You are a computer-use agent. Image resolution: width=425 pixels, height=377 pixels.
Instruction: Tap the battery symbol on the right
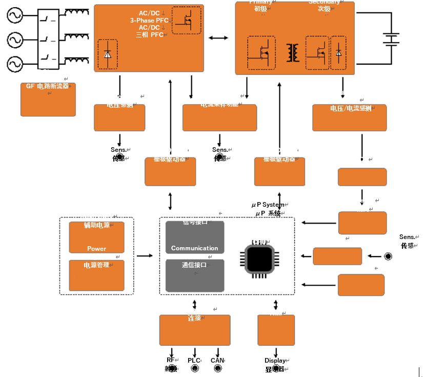click(x=392, y=39)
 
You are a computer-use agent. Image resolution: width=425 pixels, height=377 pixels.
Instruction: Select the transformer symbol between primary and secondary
click(x=293, y=52)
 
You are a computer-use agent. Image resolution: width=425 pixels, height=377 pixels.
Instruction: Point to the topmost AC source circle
click(x=15, y=16)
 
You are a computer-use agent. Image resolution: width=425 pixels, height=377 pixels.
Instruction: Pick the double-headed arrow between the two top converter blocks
click(x=219, y=38)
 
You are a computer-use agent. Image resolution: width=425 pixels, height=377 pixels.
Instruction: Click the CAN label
click(x=217, y=361)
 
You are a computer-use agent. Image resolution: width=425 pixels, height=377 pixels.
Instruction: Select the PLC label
click(x=194, y=361)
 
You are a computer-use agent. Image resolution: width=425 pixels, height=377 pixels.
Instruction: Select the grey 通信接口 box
click(x=195, y=274)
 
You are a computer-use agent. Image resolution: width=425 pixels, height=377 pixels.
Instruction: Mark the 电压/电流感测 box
click(x=349, y=117)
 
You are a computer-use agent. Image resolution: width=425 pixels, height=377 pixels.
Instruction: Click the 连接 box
click(x=194, y=330)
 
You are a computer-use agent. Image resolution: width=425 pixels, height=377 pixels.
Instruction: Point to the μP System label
click(x=267, y=205)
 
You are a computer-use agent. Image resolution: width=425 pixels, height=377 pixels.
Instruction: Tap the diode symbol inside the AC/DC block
click(x=107, y=54)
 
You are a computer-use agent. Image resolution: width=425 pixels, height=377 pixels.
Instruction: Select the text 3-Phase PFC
click(x=149, y=21)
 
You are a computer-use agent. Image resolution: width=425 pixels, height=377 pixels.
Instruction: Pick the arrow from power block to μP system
click(x=145, y=255)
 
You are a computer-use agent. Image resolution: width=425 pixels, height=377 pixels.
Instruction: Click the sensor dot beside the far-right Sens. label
click(x=388, y=256)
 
